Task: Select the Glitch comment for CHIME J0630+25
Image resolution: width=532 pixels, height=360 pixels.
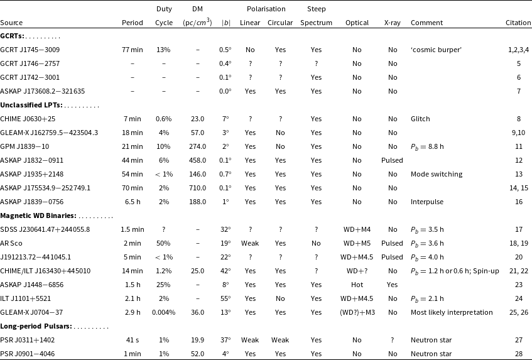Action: [x=420, y=118]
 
